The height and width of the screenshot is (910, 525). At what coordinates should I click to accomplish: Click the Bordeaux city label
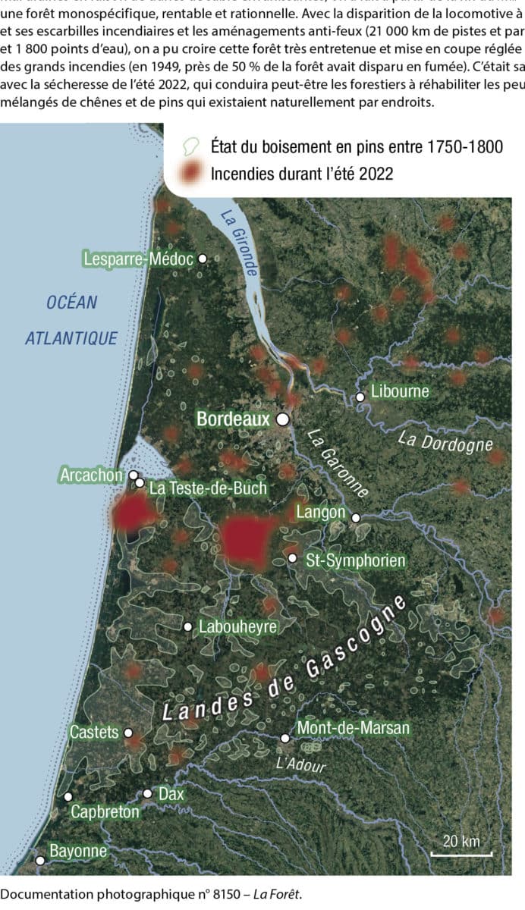(x=232, y=418)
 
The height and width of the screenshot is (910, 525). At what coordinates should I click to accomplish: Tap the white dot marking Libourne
(x=360, y=397)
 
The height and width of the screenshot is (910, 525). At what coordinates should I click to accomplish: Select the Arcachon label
(x=90, y=475)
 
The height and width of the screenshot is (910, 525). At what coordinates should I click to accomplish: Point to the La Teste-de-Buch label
(x=207, y=488)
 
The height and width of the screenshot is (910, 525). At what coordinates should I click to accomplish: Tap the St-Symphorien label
(x=355, y=561)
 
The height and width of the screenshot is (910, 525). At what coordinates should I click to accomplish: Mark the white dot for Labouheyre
(x=188, y=627)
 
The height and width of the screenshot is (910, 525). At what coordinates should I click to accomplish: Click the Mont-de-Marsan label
(x=353, y=728)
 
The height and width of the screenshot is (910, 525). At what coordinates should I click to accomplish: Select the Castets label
(x=94, y=733)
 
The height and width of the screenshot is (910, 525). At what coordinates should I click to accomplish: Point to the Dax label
(x=171, y=793)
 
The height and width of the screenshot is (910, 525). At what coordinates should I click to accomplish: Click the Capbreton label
(x=105, y=812)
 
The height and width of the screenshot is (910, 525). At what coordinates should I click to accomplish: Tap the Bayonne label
(x=77, y=851)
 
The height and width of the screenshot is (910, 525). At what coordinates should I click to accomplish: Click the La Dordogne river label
(x=445, y=443)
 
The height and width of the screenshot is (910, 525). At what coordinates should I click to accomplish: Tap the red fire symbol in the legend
(x=195, y=174)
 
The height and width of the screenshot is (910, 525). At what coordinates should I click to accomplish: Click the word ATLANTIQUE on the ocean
(x=71, y=338)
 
